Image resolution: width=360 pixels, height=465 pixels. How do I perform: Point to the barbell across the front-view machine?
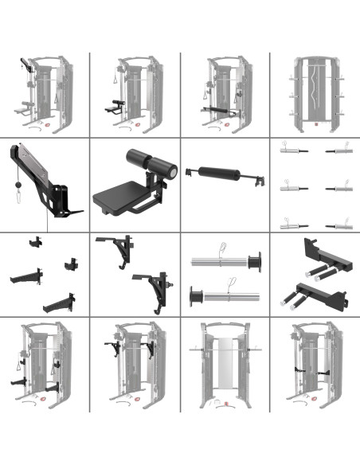click(x=225, y=350)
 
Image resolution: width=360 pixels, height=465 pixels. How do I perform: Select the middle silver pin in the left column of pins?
click(x=292, y=189)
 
